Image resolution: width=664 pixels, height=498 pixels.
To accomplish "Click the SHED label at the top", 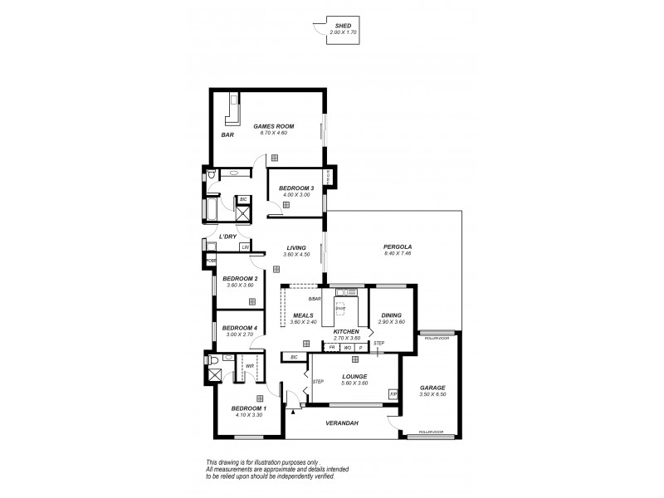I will point(342,27).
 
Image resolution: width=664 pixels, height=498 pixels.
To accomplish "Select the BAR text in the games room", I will point(227,134).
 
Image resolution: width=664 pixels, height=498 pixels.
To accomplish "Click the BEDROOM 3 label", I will point(296,188).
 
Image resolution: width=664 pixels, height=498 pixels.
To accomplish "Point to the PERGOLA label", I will point(398,247).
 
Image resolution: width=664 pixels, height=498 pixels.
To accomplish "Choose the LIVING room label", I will point(295,247).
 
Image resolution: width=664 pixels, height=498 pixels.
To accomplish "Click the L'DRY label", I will point(227,237).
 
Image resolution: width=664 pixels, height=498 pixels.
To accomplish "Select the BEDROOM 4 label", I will point(238,328).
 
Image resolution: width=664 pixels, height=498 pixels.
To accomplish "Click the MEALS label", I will point(303,315).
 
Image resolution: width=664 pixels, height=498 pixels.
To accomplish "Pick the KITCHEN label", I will point(345,332).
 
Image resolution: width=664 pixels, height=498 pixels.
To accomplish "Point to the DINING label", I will point(391,315).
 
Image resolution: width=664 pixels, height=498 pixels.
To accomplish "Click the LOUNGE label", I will point(354,376).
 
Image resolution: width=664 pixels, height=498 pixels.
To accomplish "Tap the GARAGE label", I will point(432,388).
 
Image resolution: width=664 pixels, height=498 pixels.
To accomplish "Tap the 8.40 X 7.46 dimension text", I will point(398,254).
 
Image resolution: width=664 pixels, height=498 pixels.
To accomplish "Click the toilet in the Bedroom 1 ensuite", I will point(214,362).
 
